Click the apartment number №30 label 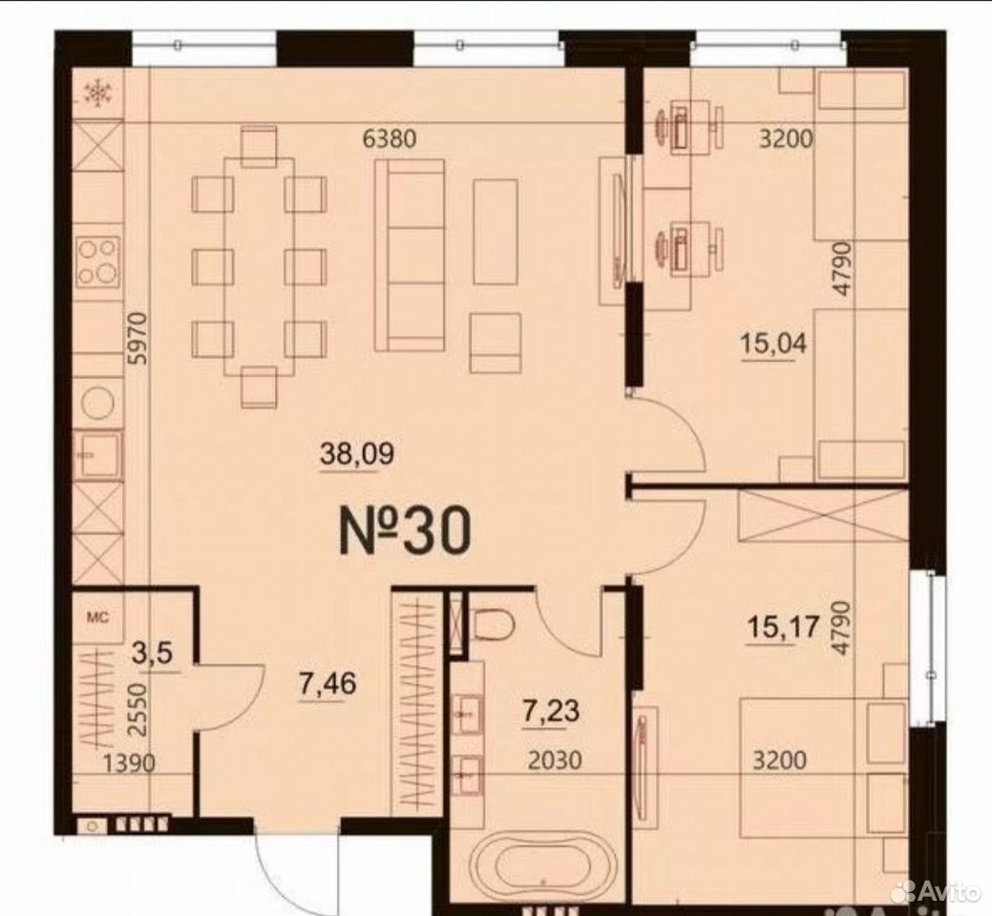pyautogui.click(x=406, y=532)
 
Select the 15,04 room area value pyautogui.click(x=773, y=343)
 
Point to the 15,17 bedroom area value pyautogui.click(x=783, y=628)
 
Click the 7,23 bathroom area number pyautogui.click(x=550, y=711)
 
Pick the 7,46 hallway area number pyautogui.click(x=327, y=683)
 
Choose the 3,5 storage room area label pyautogui.click(x=152, y=654)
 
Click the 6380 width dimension pyautogui.click(x=390, y=137)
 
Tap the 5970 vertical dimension pyautogui.click(x=137, y=338)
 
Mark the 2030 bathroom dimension pyautogui.click(x=555, y=760)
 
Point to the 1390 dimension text pyautogui.click(x=129, y=763)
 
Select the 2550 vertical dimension pyautogui.click(x=137, y=709)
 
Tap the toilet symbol pyautogui.click(x=492, y=623)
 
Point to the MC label pyautogui.click(x=98, y=617)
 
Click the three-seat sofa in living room pyautogui.click(x=410, y=256)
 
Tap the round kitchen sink pyautogui.click(x=98, y=401)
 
